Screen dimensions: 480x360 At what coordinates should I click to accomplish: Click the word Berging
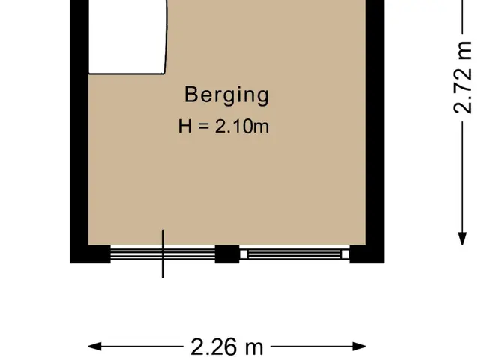(x=226, y=95)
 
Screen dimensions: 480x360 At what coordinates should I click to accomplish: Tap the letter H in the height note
(x=185, y=127)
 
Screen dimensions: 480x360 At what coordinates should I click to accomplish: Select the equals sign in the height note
(x=203, y=126)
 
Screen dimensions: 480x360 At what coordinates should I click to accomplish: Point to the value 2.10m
(x=241, y=127)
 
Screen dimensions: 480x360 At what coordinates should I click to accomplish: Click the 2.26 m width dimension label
(x=226, y=346)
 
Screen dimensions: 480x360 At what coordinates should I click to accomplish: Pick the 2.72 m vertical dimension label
(x=462, y=77)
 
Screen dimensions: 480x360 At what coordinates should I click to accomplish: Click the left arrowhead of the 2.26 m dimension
(x=95, y=346)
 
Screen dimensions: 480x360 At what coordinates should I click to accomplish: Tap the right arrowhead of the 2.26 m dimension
(x=359, y=346)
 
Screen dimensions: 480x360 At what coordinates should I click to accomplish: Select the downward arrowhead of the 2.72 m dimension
(x=462, y=238)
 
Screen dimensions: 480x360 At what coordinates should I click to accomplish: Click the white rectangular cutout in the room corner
(x=127, y=37)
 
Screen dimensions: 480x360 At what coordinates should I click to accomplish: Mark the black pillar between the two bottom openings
(x=227, y=254)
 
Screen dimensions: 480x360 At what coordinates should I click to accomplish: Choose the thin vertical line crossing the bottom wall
(x=163, y=254)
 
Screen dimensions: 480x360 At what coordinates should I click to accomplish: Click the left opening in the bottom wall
(x=163, y=254)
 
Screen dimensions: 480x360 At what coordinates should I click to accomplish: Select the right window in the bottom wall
(x=295, y=254)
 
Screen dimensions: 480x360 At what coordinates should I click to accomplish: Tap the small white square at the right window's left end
(x=244, y=254)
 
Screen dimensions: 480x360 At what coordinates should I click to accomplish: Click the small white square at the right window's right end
(x=345, y=254)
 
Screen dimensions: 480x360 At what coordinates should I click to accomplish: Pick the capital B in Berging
(x=190, y=94)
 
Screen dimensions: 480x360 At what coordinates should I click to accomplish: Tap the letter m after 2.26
(x=254, y=349)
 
